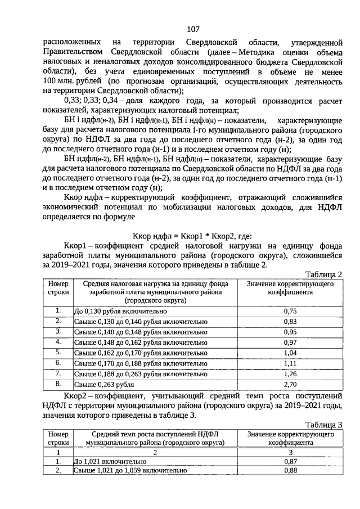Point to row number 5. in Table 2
(x=58, y=353)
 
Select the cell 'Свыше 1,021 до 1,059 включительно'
(x=130, y=471)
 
